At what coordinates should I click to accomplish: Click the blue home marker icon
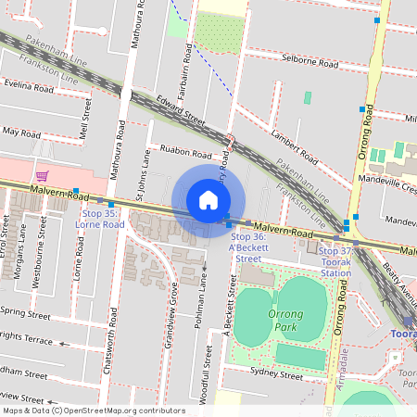click(208, 200)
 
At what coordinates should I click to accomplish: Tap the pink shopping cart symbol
click(42, 175)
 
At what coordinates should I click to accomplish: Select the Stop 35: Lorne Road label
click(100, 219)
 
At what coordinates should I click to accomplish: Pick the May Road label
click(21, 133)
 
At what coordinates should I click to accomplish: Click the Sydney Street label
click(277, 376)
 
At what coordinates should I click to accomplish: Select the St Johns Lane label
click(143, 176)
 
